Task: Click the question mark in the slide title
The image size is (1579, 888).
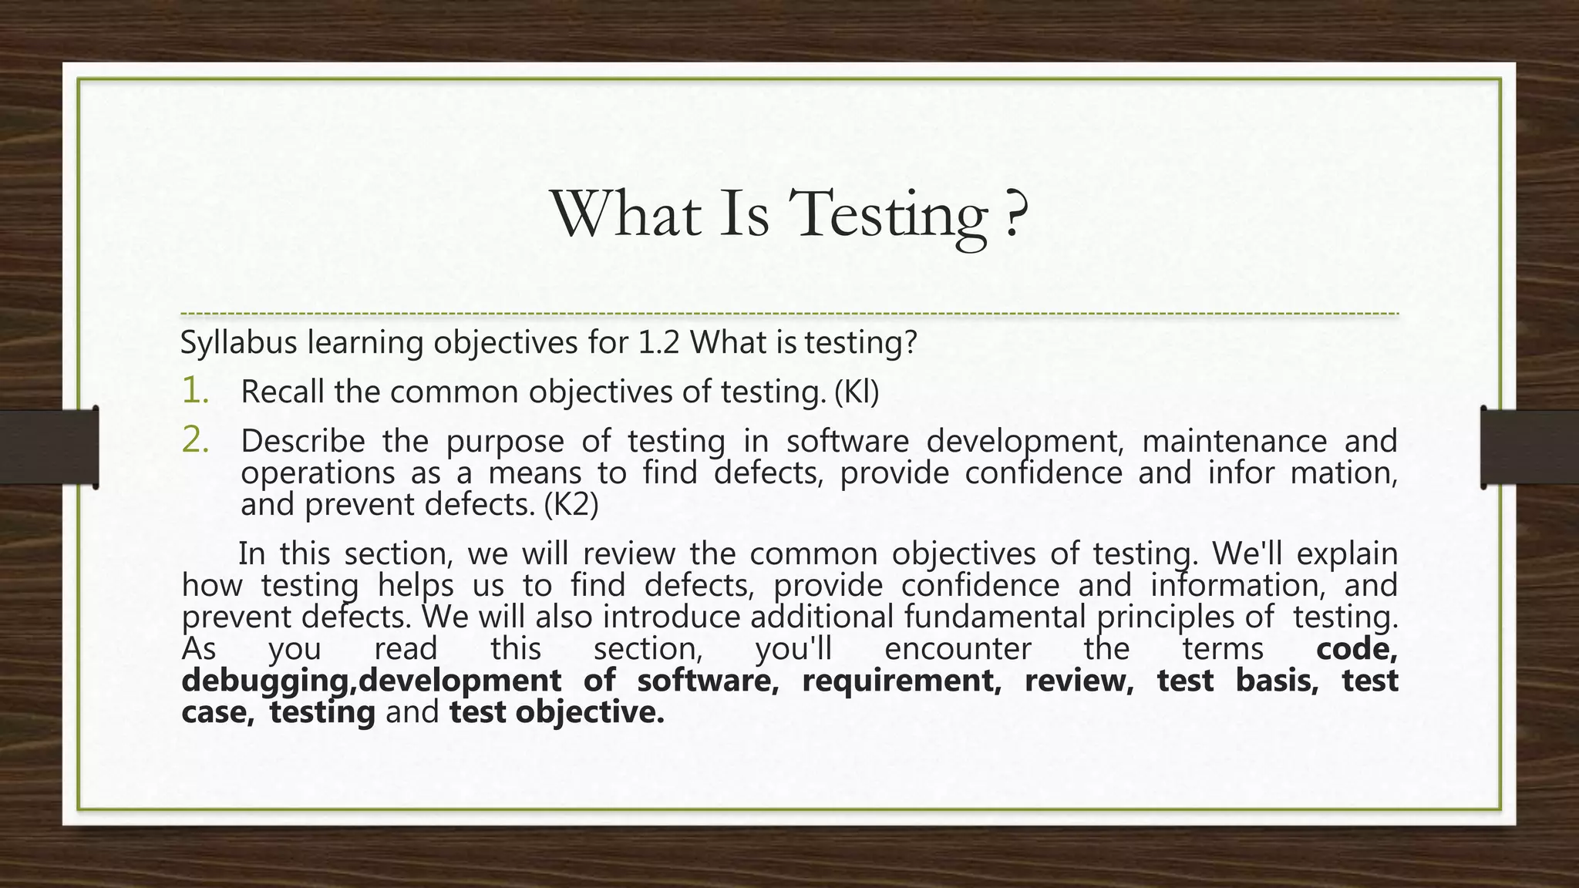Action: (x=1017, y=214)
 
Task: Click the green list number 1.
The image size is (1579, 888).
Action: (x=194, y=391)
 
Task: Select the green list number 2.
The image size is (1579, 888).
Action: (x=195, y=440)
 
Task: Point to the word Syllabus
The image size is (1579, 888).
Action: (x=238, y=343)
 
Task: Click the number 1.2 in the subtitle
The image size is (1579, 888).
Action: (x=659, y=343)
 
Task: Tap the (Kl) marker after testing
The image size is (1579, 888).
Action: (x=857, y=392)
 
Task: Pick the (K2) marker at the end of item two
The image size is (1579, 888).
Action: (x=571, y=505)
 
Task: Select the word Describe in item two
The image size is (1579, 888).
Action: (x=303, y=442)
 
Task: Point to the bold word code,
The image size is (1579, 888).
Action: (x=1356, y=649)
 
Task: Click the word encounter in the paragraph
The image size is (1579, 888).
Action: (x=958, y=649)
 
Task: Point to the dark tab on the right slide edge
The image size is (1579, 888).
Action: (x=1529, y=447)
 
